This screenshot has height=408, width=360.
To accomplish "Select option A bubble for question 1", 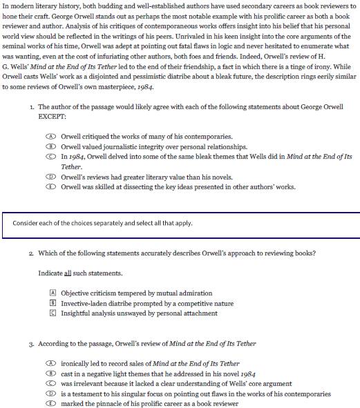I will click(51, 137).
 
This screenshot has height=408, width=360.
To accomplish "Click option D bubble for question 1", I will click(51, 177).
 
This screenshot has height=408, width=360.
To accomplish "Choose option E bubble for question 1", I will click(51, 187).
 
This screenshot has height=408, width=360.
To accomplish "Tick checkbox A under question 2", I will click(53, 293).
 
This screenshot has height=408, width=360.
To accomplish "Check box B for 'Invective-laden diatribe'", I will click(53, 303).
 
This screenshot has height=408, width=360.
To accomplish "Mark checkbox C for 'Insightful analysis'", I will click(53, 313).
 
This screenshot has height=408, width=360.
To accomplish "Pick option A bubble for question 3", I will click(51, 363).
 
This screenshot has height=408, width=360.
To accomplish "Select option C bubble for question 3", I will click(51, 383).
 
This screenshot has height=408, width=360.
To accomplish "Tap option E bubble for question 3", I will click(51, 404).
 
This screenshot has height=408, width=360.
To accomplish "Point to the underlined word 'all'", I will click(68, 273).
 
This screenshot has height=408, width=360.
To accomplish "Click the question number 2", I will click(31, 253).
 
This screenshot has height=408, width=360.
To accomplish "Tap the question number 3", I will click(31, 343).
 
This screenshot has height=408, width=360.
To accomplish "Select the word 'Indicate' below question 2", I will click(50, 273).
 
